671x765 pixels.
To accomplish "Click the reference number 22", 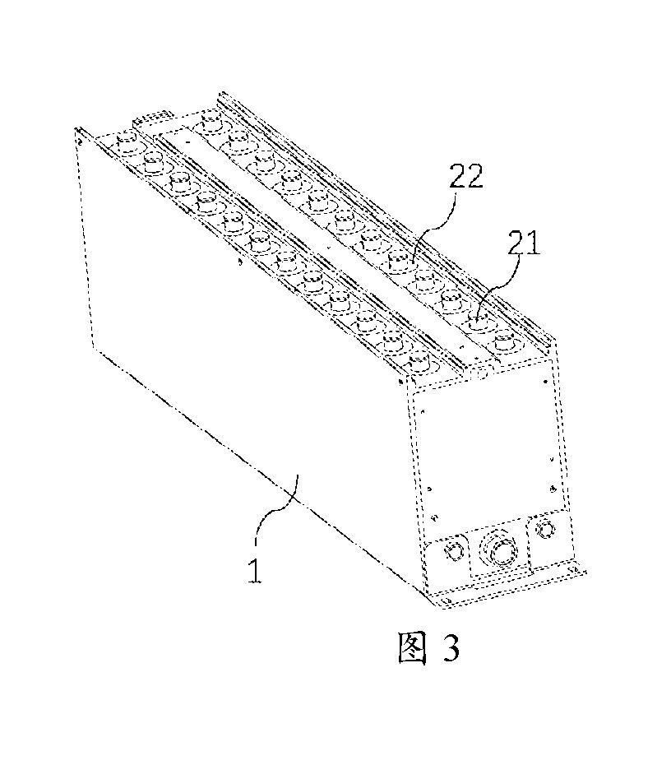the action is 465,176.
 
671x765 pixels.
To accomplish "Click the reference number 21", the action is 524,243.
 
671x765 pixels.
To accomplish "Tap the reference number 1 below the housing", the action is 255,570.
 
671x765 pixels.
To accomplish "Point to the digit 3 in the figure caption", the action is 451,647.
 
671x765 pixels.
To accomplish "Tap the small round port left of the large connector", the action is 454,551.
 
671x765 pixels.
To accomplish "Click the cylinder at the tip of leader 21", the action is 478,322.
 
